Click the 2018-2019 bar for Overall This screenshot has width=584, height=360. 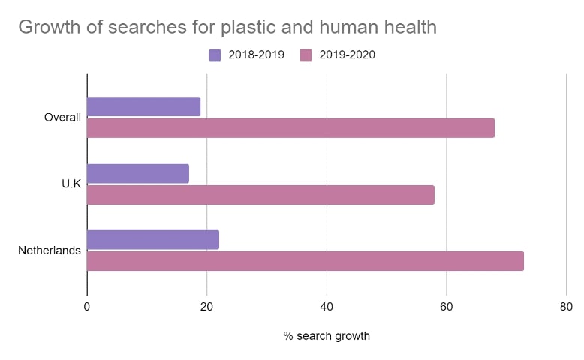coord(143,106)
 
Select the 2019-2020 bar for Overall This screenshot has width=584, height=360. coord(290,127)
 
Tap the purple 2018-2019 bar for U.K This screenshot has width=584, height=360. coord(138,173)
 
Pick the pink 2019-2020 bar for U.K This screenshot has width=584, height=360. coord(260,194)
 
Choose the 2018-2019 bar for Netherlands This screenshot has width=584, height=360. coord(153,240)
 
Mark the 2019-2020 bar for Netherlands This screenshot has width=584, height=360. coord(305,261)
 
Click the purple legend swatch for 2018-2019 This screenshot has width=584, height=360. coord(215,55)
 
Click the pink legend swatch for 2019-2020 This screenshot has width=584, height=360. coord(306,55)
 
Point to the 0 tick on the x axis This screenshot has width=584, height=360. coord(87,306)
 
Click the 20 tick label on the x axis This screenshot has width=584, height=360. coord(207,306)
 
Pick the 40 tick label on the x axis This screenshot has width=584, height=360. coord(327,306)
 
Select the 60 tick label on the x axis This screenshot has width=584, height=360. coord(447,306)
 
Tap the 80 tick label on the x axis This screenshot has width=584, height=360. coord(566,306)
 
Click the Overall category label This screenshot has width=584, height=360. coord(62,117)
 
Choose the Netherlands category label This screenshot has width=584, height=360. coord(50,250)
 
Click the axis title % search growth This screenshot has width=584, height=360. coord(327,336)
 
